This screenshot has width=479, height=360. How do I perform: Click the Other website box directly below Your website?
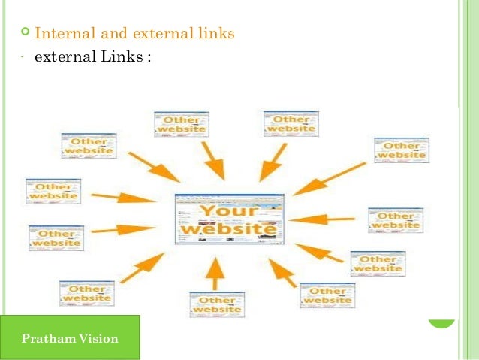tap(217, 304)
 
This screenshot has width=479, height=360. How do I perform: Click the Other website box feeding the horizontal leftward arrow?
tap(395, 220)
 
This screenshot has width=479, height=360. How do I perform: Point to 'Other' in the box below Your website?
tap(217, 298)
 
